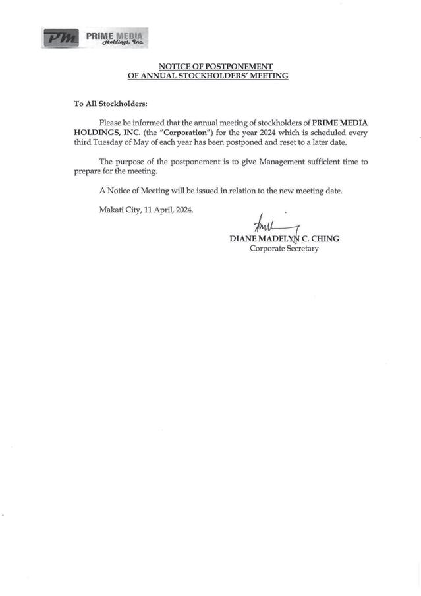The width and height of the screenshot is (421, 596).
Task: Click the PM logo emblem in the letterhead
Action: pyautogui.click(x=61, y=38)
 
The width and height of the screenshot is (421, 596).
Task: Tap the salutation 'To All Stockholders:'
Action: pyautogui.click(x=111, y=104)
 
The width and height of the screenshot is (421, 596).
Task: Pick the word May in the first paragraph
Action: pyautogui.click(x=169, y=142)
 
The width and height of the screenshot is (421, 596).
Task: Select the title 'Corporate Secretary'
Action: pyautogui.click(x=284, y=249)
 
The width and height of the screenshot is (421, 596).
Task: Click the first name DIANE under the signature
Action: pyautogui.click(x=243, y=239)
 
